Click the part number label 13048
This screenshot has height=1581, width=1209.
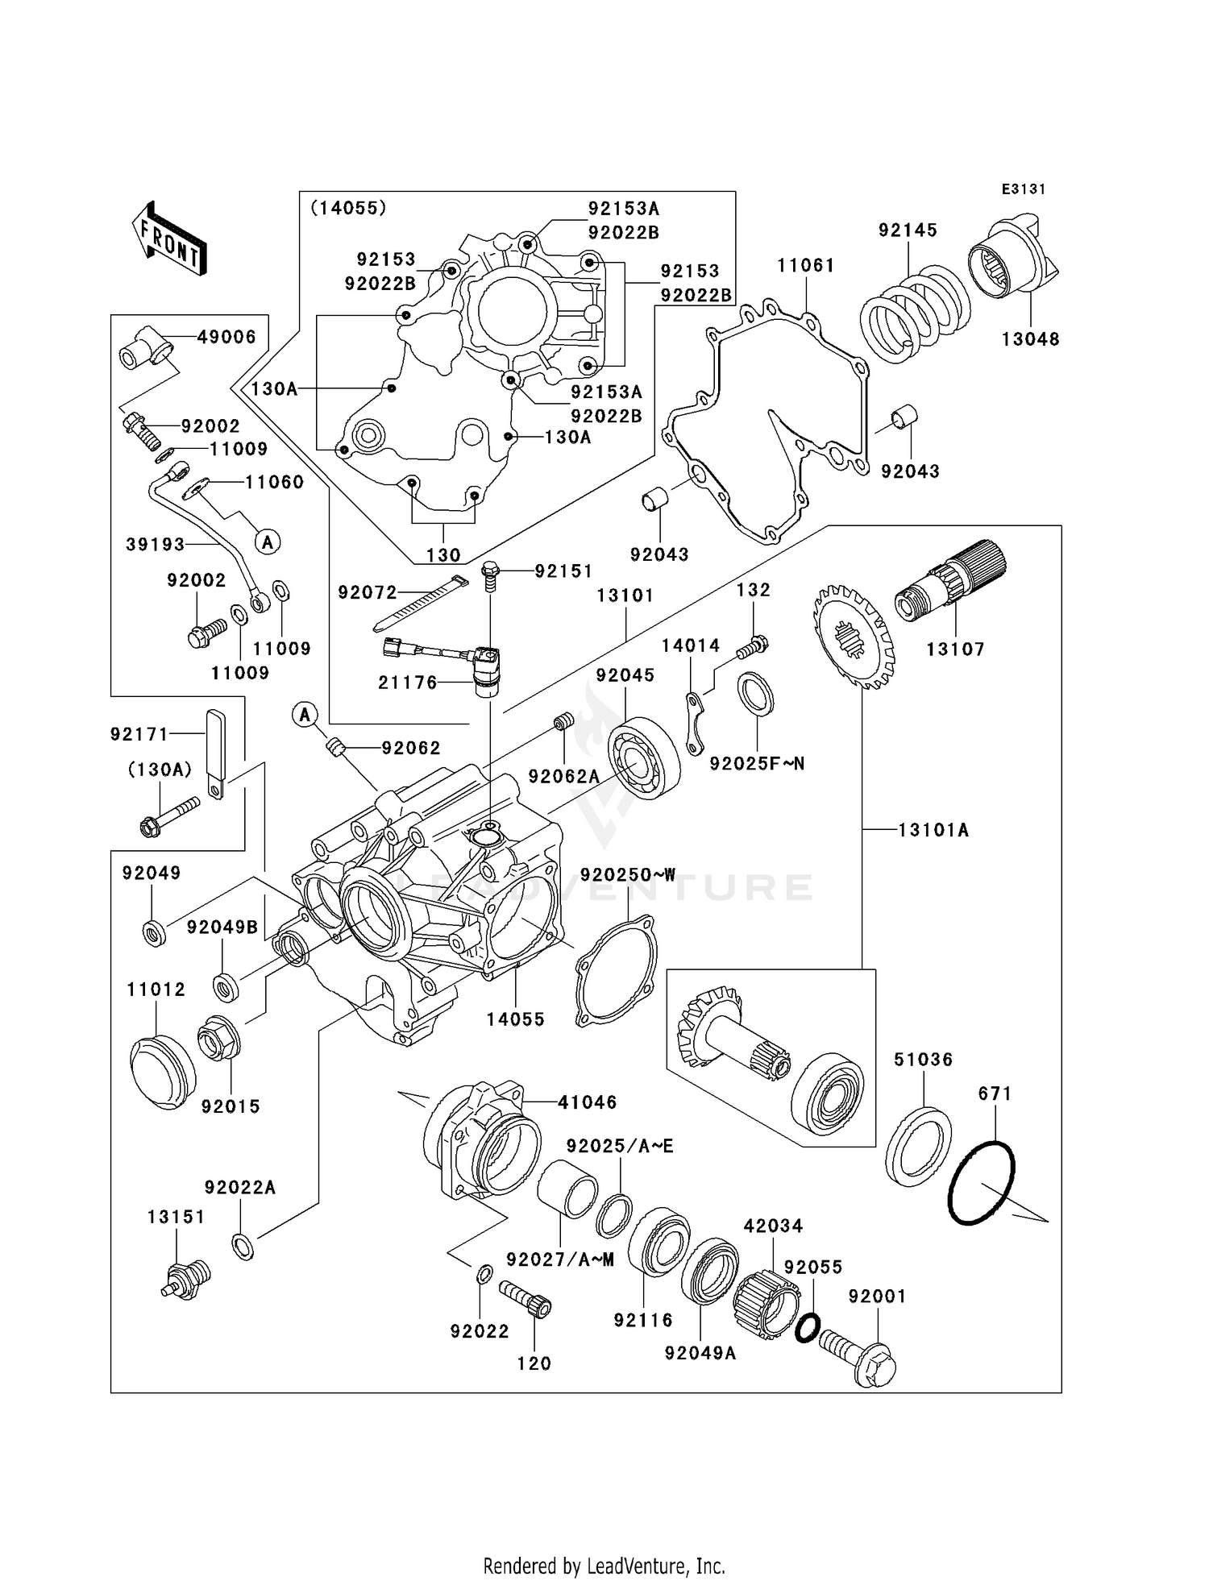coord(1030,339)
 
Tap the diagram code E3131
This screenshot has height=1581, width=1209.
coord(1023,189)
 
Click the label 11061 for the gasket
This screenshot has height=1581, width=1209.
coord(805,266)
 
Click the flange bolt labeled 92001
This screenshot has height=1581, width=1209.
coord(862,1360)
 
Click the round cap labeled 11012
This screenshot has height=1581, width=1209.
coord(162,1073)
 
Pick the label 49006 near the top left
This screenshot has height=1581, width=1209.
coord(226,338)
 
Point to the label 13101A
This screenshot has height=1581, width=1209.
coord(933,830)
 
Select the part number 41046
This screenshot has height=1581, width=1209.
coord(587,1102)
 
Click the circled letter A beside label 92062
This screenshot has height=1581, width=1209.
coord(305,714)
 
